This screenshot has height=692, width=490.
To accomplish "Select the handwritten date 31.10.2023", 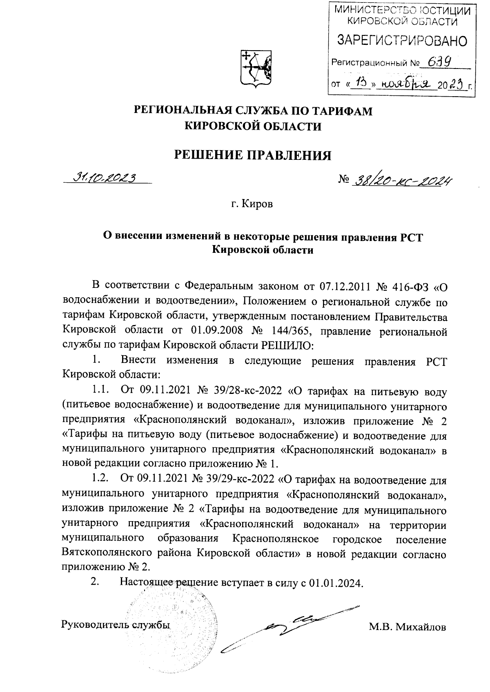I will (104, 177).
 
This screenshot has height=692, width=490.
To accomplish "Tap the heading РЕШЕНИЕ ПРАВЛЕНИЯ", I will (253, 155).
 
